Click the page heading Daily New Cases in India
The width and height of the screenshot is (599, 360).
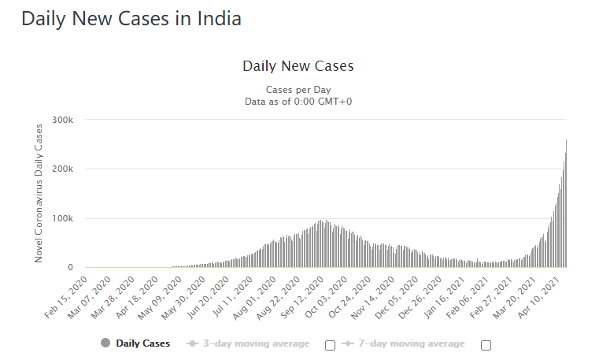click(x=131, y=19)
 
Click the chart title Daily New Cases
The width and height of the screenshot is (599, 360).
click(x=298, y=66)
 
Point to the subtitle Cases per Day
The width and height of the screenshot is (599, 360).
click(x=298, y=89)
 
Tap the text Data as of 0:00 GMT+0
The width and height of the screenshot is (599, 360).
click(x=298, y=101)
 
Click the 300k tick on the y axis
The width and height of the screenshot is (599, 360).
click(x=63, y=120)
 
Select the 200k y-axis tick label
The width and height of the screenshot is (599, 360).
click(x=63, y=169)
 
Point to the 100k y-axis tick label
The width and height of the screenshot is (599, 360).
click(x=63, y=218)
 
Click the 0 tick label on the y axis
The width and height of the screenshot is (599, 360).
click(x=69, y=268)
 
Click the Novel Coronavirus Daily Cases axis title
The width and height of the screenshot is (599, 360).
click(x=39, y=194)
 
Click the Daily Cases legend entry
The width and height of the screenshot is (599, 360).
click(x=135, y=343)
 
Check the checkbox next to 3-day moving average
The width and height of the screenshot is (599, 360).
click(x=330, y=344)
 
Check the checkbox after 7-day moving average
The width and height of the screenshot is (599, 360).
click(x=486, y=344)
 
